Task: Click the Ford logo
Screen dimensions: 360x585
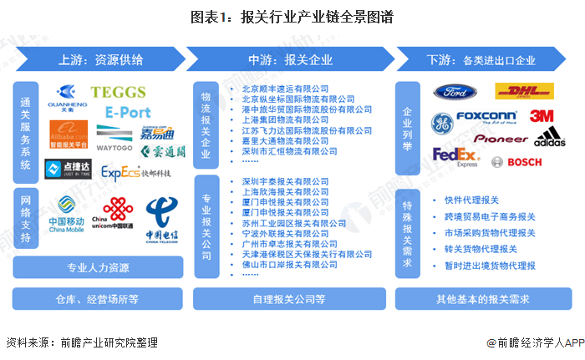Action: [x=454, y=93]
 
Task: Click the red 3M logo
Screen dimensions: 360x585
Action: [x=542, y=116]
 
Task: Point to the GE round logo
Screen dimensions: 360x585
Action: [x=441, y=124]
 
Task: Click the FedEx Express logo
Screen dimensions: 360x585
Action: [x=455, y=157]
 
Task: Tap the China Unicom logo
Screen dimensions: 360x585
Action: [x=114, y=215]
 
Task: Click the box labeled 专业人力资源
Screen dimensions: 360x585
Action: [x=99, y=268]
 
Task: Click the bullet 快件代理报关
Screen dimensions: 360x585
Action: [x=473, y=200]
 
